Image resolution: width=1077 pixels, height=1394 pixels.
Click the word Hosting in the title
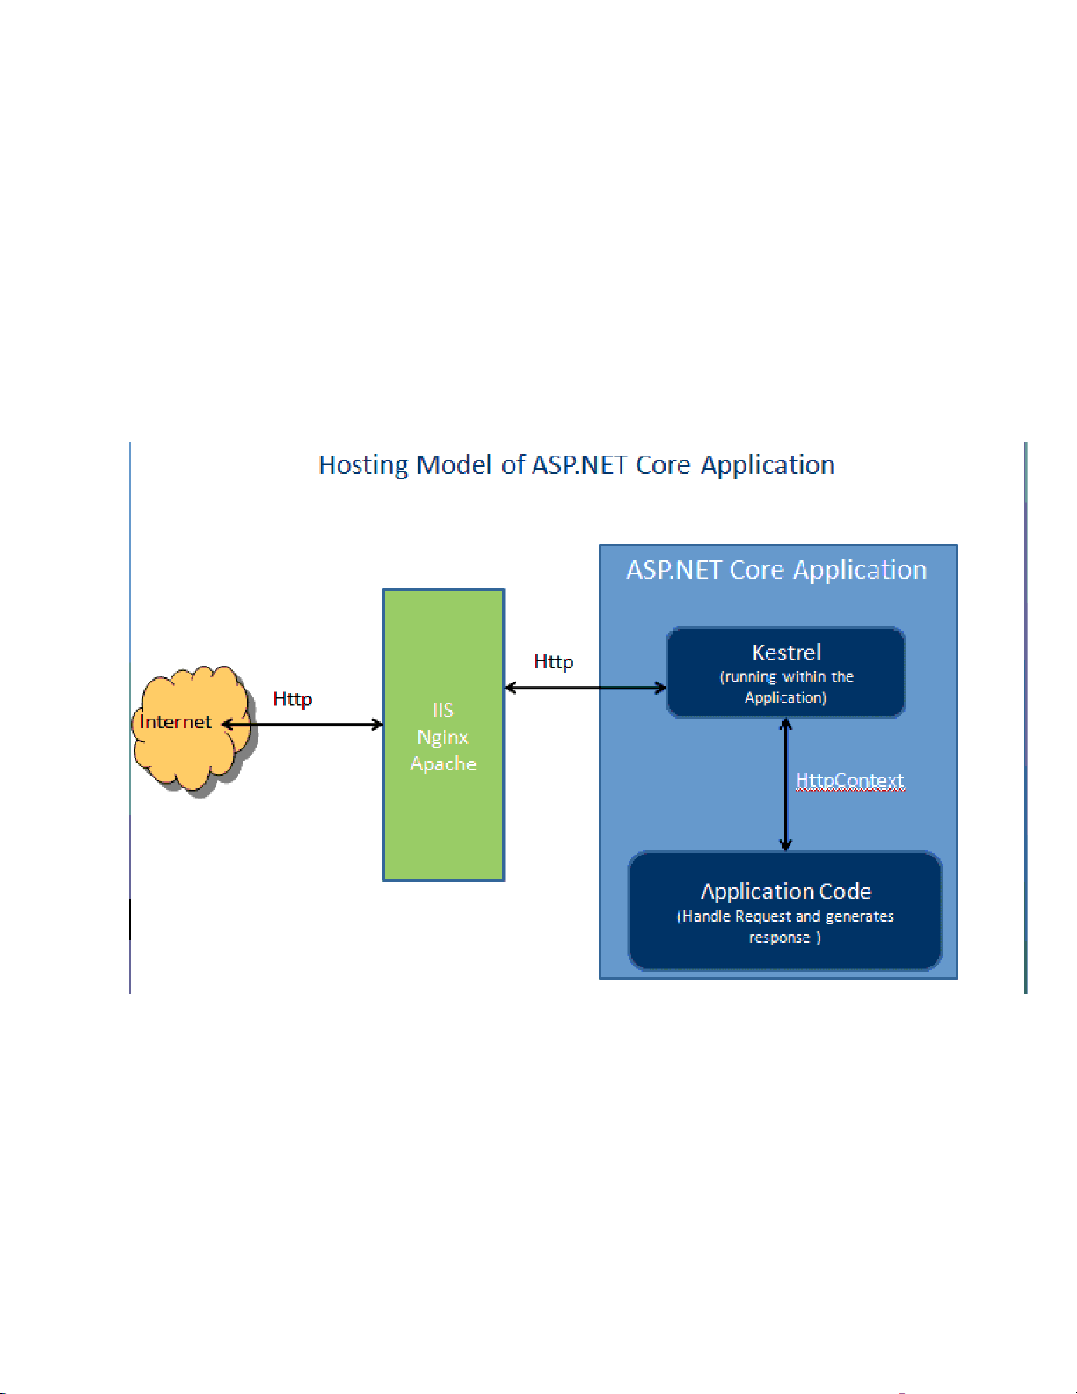click(363, 465)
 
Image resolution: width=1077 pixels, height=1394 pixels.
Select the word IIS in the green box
click(442, 710)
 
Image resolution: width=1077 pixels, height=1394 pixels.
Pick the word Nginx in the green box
click(442, 737)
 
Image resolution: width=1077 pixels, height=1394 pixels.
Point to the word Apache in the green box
click(443, 763)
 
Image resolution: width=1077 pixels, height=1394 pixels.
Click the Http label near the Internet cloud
click(293, 699)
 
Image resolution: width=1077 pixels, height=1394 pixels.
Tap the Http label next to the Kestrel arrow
click(553, 661)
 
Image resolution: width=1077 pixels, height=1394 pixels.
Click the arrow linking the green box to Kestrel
click(586, 688)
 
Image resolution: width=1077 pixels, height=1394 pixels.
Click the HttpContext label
click(849, 780)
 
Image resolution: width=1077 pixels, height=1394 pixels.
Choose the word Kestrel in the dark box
click(786, 652)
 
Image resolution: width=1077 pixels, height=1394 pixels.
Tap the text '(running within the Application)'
click(786, 687)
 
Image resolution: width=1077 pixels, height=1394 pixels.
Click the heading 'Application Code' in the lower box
click(786, 891)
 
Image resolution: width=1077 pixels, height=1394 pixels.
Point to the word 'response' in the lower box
click(779, 938)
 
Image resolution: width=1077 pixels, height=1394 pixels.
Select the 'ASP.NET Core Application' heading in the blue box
click(776, 570)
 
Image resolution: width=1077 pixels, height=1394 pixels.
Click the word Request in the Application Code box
click(762, 916)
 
